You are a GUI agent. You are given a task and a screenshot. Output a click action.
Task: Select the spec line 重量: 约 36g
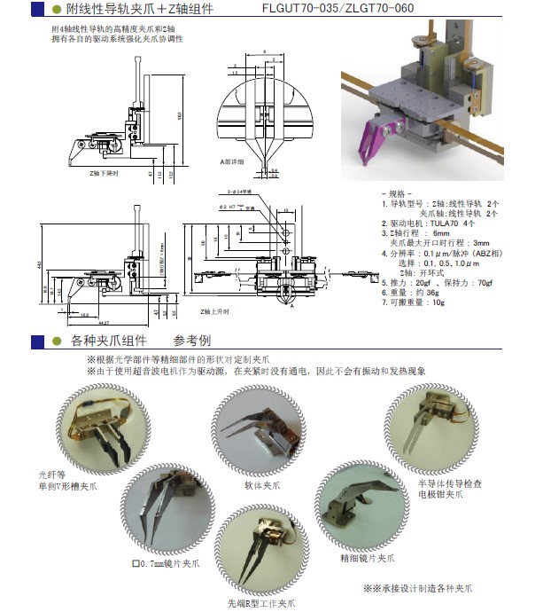tap(409, 292)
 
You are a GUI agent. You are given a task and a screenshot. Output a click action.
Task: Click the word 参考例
tap(192, 340)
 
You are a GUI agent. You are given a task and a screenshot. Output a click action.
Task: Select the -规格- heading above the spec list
tap(395, 192)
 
